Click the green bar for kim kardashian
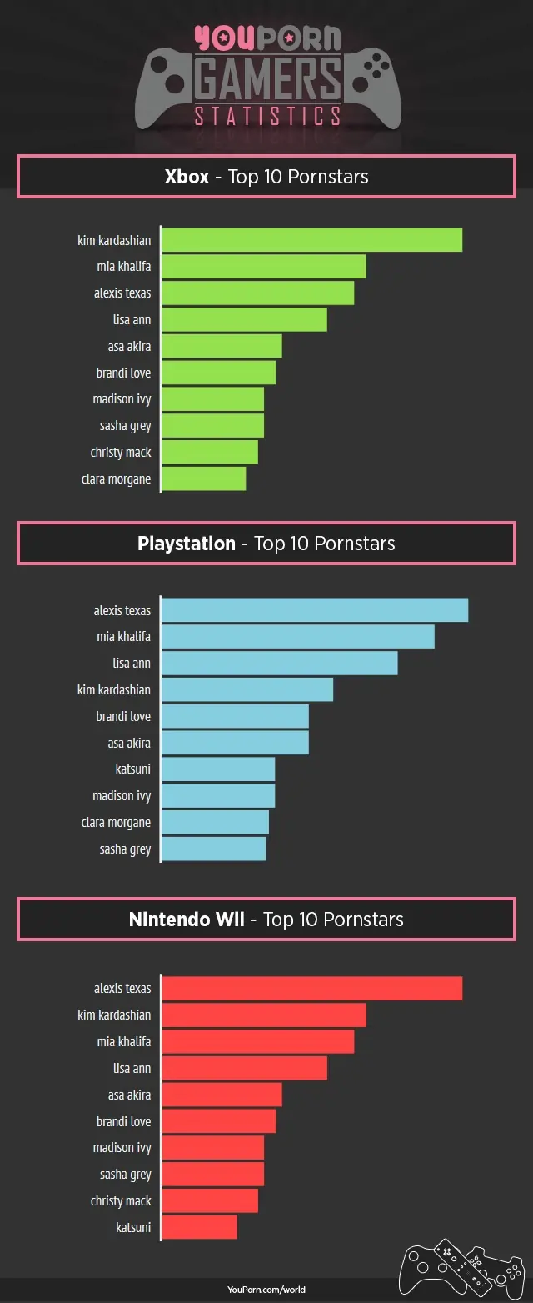coord(311,240)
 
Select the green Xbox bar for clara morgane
coord(203,479)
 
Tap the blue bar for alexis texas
coord(314,610)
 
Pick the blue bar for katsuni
coord(217,769)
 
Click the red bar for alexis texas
coord(311,988)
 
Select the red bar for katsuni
coord(199,1227)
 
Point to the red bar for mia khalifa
coord(257,1041)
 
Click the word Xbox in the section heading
coord(187,177)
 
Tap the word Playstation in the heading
coord(187,544)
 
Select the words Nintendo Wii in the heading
coord(187,920)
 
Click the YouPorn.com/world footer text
coord(266,1290)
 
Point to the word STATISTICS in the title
coord(267,115)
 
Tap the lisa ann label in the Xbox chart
coord(132,319)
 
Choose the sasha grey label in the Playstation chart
coord(125,849)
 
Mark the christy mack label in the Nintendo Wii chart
coord(121,1200)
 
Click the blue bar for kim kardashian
coord(247,689)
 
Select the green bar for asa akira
coord(222,346)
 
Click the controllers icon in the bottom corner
coord(462,1266)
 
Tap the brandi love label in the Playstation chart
coord(123,716)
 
